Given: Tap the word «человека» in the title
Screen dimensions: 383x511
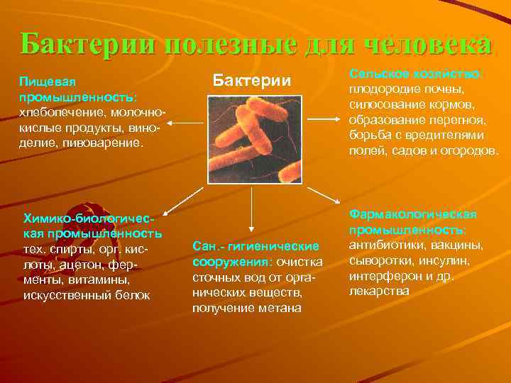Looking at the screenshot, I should pyautogui.click(x=425, y=44).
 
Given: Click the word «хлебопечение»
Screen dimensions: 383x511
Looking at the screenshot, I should pyautogui.click(x=58, y=113).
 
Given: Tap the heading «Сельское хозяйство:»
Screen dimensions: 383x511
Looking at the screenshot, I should pyautogui.click(x=418, y=74).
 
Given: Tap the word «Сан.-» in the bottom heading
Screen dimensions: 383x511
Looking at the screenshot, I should pyautogui.click(x=206, y=246).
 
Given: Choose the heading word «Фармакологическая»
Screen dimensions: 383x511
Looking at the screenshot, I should pyautogui.click(x=412, y=214).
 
